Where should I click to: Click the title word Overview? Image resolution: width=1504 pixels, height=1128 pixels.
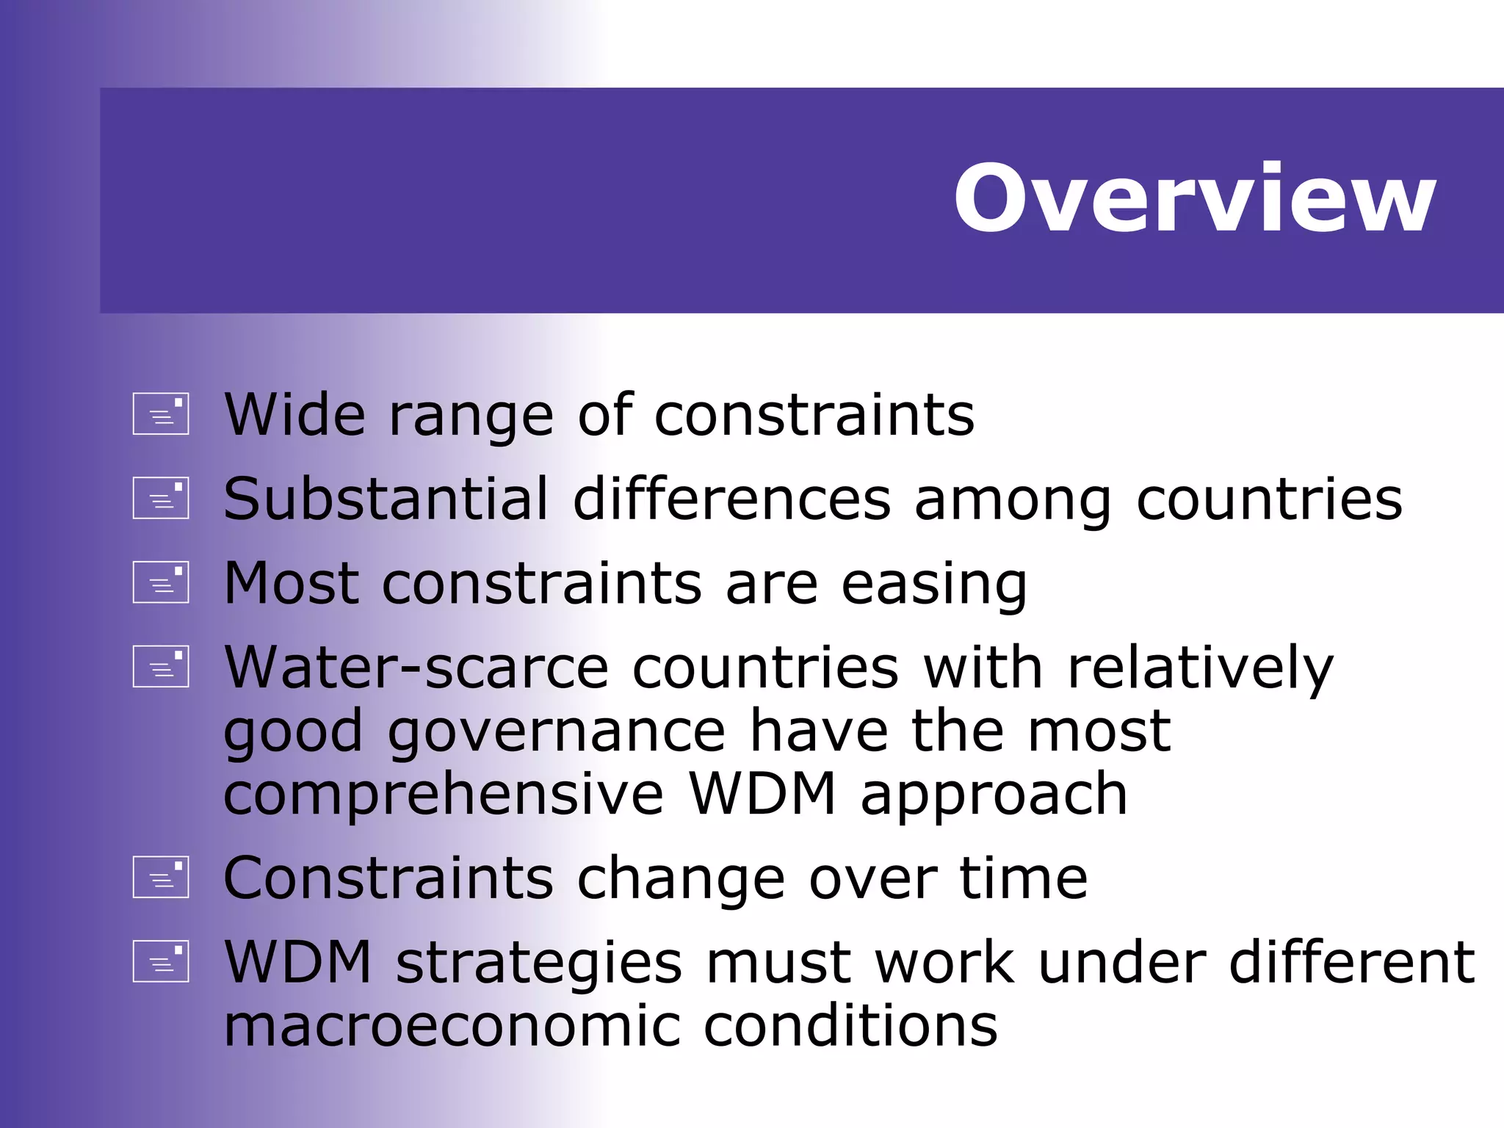click(1194, 198)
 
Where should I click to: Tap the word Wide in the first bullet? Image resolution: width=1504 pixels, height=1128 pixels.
click(294, 415)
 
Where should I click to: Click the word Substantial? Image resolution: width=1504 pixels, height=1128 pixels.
click(386, 499)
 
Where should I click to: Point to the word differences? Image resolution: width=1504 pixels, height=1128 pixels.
click(731, 499)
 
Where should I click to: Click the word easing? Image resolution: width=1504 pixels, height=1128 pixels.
click(933, 585)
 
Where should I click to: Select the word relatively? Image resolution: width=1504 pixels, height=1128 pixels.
click(1200, 668)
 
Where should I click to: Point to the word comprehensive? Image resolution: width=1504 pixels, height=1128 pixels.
click(444, 796)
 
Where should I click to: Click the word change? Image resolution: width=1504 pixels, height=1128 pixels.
click(681, 880)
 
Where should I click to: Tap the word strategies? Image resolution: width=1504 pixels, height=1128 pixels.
click(539, 963)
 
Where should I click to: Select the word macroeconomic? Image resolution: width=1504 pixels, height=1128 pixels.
click(452, 1026)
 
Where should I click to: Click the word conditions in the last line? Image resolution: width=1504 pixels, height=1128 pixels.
click(850, 1026)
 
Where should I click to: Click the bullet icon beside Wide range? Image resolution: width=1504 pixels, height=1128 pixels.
click(161, 414)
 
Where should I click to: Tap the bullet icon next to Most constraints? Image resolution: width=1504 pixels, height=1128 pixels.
click(161, 582)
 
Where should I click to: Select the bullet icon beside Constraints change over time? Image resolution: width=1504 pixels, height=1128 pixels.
click(161, 877)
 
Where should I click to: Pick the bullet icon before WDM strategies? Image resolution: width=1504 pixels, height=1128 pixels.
click(161, 961)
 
